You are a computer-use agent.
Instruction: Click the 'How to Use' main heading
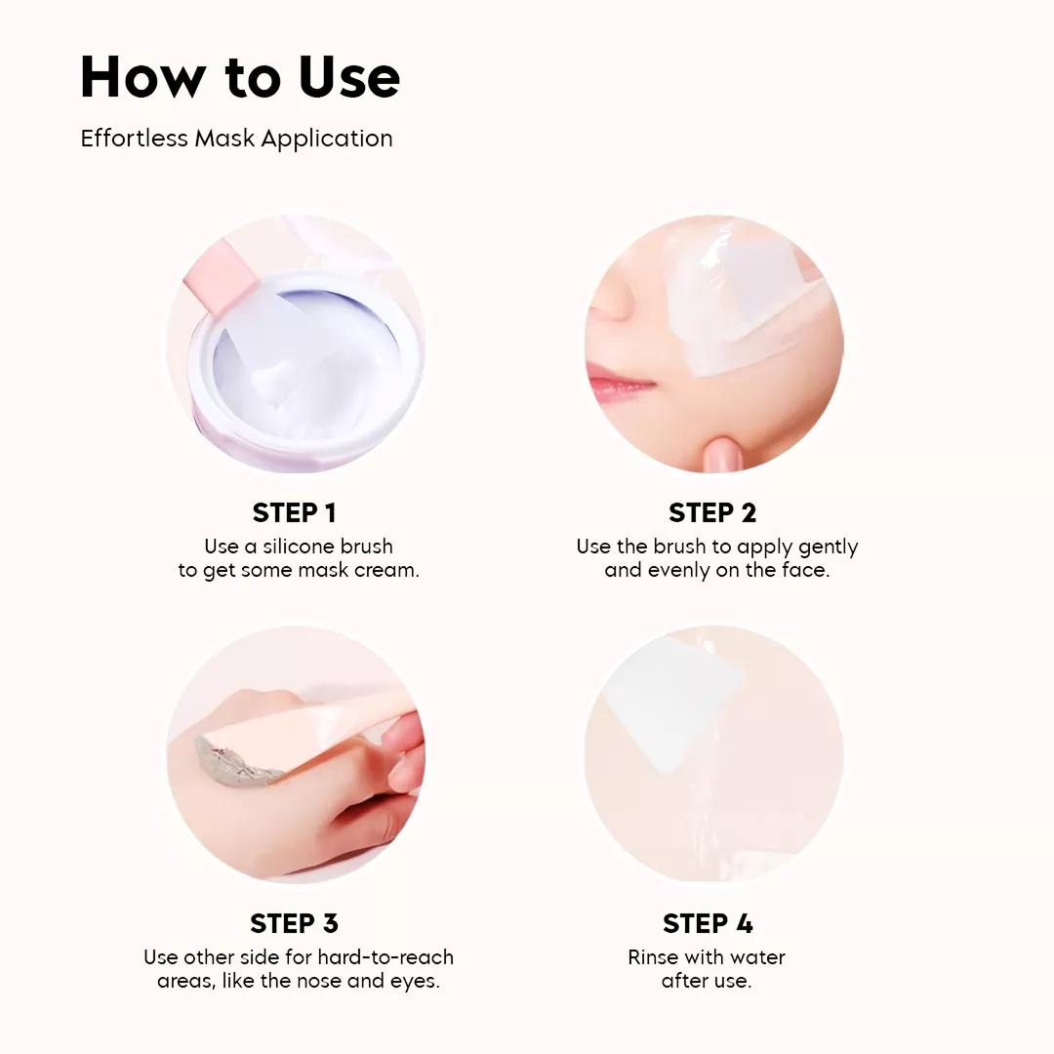pos(240,77)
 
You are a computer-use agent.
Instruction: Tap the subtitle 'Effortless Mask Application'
pos(236,139)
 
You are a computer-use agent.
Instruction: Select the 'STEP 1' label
pos(295,513)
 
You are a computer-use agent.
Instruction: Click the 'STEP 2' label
pos(712,513)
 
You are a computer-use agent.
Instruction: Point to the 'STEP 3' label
pos(295,923)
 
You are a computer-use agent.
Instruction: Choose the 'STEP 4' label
pos(708,923)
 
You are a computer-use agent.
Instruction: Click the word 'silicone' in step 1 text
pos(300,546)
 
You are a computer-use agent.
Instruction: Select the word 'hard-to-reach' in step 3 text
pos(385,956)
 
